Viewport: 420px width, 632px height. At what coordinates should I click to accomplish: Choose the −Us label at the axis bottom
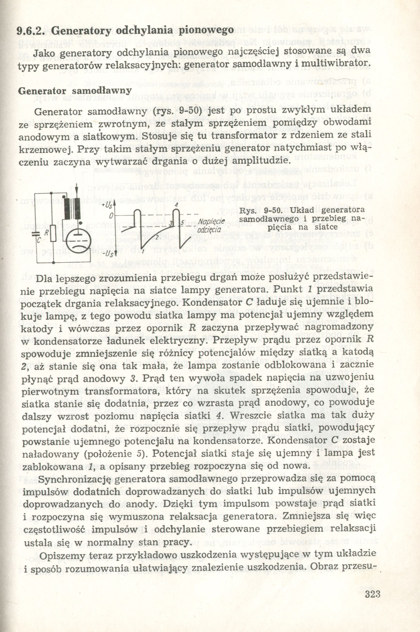tap(109, 254)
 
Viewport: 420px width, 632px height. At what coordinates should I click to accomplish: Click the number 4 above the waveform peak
tap(176, 204)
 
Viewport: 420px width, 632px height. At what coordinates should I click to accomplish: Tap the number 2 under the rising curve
tap(157, 237)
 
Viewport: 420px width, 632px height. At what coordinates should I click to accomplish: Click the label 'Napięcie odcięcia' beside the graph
tap(211, 226)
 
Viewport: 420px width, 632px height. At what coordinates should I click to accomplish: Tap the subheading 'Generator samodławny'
tap(74, 91)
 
